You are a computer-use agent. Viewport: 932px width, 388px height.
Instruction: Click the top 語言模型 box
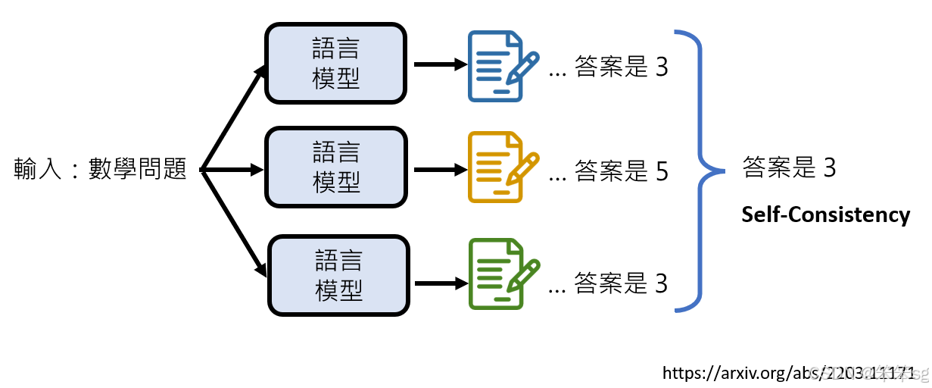point(335,64)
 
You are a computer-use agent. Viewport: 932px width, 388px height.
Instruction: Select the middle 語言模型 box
point(335,167)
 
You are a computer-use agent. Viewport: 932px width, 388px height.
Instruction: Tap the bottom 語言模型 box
point(338,275)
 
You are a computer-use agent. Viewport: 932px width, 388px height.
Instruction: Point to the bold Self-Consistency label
point(825,215)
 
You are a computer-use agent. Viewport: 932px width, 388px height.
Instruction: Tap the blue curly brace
point(700,170)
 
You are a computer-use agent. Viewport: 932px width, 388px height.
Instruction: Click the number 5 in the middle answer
point(662,174)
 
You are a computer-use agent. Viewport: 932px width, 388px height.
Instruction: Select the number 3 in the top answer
point(662,68)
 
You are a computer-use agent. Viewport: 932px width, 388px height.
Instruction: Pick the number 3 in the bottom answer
point(662,283)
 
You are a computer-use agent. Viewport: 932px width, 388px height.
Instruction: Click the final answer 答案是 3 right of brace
point(789,167)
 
